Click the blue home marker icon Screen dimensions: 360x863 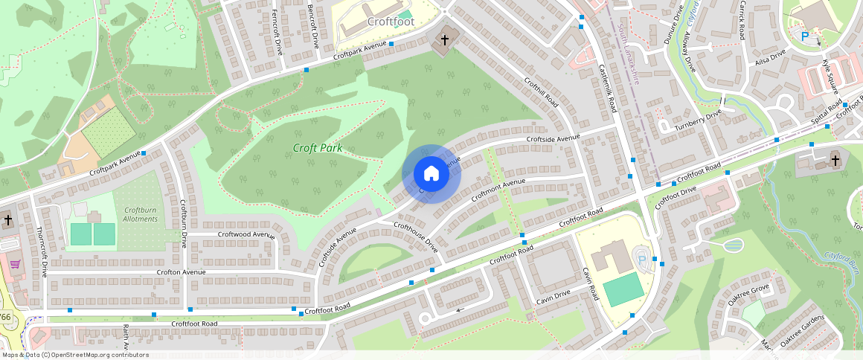[431, 174]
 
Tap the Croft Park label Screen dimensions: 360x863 [317, 148]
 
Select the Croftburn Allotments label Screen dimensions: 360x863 [140, 214]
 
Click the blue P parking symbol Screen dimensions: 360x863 [804, 36]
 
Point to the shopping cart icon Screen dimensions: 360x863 [13, 263]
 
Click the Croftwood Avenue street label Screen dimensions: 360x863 [246, 234]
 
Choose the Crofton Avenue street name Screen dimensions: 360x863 [181, 272]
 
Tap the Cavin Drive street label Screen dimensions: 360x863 [553, 298]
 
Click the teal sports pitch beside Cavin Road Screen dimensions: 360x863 [623, 289]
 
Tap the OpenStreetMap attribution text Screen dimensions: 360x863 [75, 355]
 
